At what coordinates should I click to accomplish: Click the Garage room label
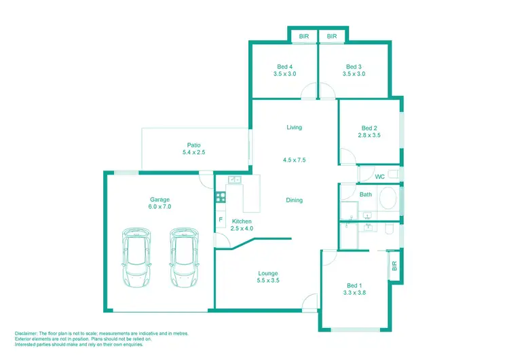[160, 200]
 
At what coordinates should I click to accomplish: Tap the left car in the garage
[136, 256]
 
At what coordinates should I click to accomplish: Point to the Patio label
[193, 145]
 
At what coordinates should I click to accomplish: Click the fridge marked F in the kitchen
[221, 220]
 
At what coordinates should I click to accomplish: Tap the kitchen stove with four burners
[220, 198]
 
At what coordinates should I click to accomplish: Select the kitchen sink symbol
[235, 179]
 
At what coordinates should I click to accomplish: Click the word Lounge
[268, 272]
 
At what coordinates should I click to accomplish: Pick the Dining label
[294, 200]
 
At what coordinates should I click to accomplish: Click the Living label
[294, 127]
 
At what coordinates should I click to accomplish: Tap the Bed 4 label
[284, 65]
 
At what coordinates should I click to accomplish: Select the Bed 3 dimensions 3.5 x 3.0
[354, 74]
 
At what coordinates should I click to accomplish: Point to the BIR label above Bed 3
[332, 36]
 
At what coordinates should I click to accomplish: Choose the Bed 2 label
[369, 128]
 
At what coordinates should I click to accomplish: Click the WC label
[380, 177]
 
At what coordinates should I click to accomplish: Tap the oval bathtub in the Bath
[388, 200]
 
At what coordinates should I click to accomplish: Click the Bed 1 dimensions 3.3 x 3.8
[354, 294]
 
